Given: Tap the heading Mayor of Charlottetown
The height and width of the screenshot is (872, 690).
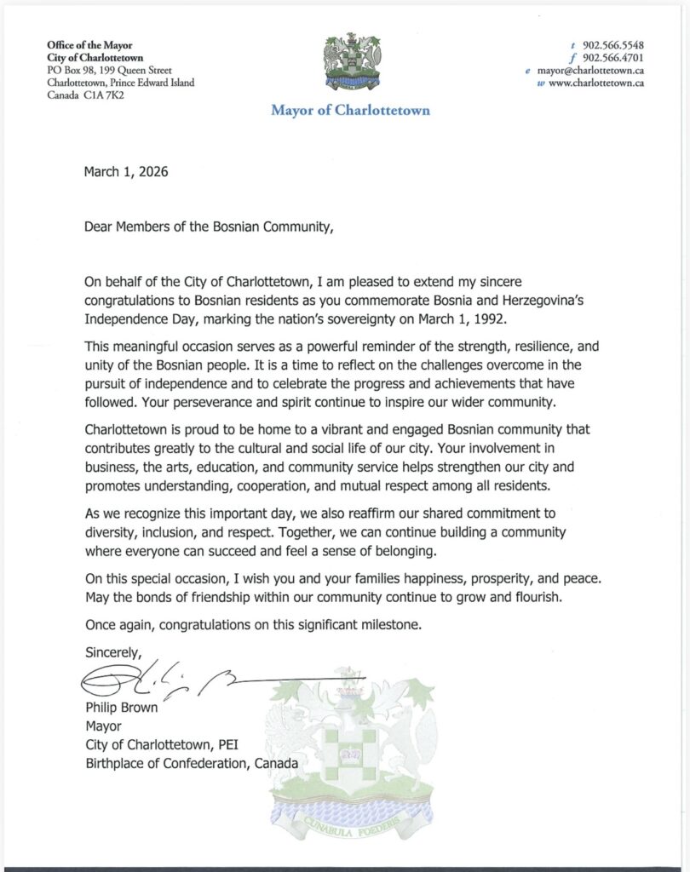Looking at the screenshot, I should coord(351,110).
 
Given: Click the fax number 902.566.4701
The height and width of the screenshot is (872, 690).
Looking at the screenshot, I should coord(613,57).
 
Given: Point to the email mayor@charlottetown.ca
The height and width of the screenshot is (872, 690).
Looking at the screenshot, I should coord(589,71).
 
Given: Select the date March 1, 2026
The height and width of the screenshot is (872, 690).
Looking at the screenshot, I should coord(126,172).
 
